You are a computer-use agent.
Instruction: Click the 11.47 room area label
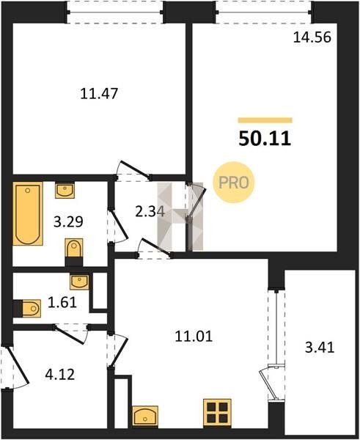pyautogui.click(x=99, y=93)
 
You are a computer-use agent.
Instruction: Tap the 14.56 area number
pyautogui.click(x=312, y=37)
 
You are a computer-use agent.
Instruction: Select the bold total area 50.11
pyautogui.click(x=265, y=139)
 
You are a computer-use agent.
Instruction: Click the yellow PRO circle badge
pyautogui.click(x=233, y=183)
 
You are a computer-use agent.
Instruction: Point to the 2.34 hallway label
pyautogui.click(x=150, y=211)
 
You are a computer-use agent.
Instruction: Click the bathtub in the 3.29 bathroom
pyautogui.click(x=28, y=213)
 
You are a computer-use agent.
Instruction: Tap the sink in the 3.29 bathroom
pyautogui.click(x=65, y=190)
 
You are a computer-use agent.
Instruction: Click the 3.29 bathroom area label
pyautogui.click(x=68, y=221)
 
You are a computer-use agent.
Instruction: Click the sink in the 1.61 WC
pyautogui.click(x=79, y=282)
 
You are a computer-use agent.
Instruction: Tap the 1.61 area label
pyautogui.click(x=62, y=302)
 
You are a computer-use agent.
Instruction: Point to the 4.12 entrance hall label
pyautogui.click(x=60, y=374)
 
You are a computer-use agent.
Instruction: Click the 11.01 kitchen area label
pyautogui.click(x=194, y=336)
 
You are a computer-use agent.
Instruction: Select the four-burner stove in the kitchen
pyautogui.click(x=217, y=412)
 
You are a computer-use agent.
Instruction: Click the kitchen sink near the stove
pyautogui.click(x=145, y=416)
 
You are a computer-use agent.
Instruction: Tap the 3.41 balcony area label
pyautogui.click(x=320, y=348)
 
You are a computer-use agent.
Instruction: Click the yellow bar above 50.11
pyautogui.click(x=265, y=120)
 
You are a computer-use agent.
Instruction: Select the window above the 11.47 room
pyautogui.click(x=115, y=12)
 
